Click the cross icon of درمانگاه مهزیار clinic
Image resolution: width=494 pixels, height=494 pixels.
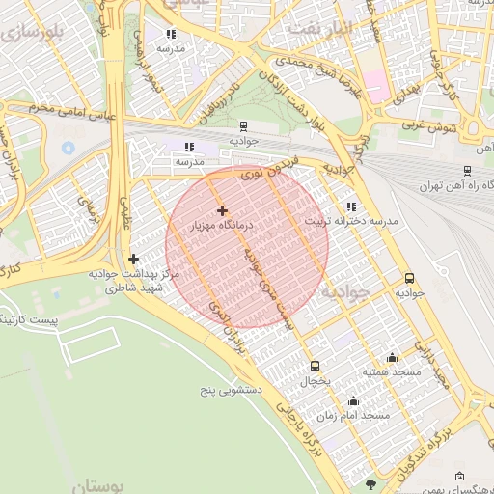tap(223, 210)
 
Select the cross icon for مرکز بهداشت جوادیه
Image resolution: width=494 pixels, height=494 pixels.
tap(133, 259)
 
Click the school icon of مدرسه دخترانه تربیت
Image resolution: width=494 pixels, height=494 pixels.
tap(350, 206)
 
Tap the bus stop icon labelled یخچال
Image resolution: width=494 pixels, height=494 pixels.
tap(315, 366)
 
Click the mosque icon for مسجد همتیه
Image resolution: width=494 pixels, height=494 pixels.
tap(392, 357)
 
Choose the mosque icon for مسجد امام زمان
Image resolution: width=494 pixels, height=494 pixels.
tap(353, 400)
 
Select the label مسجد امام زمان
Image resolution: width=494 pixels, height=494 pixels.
tap(353, 415)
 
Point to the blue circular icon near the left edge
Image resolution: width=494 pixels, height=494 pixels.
tap(68, 149)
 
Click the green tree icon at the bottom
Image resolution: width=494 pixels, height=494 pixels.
tap(371, 482)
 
